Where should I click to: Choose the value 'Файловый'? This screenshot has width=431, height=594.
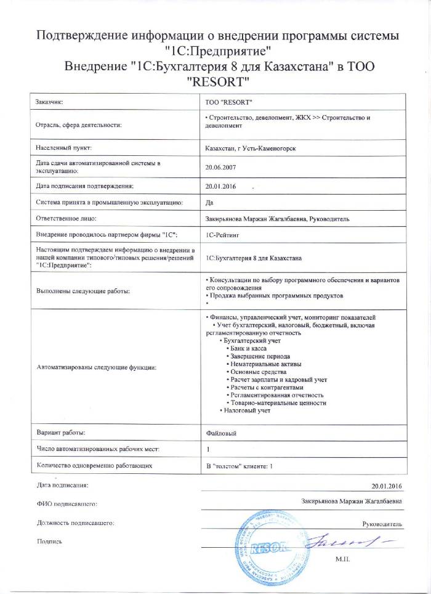(x=222, y=433)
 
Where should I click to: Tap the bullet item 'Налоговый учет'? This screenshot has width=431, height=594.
(x=247, y=410)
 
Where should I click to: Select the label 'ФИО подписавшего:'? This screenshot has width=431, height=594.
(x=68, y=504)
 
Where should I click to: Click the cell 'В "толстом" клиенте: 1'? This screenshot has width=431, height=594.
(x=239, y=465)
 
